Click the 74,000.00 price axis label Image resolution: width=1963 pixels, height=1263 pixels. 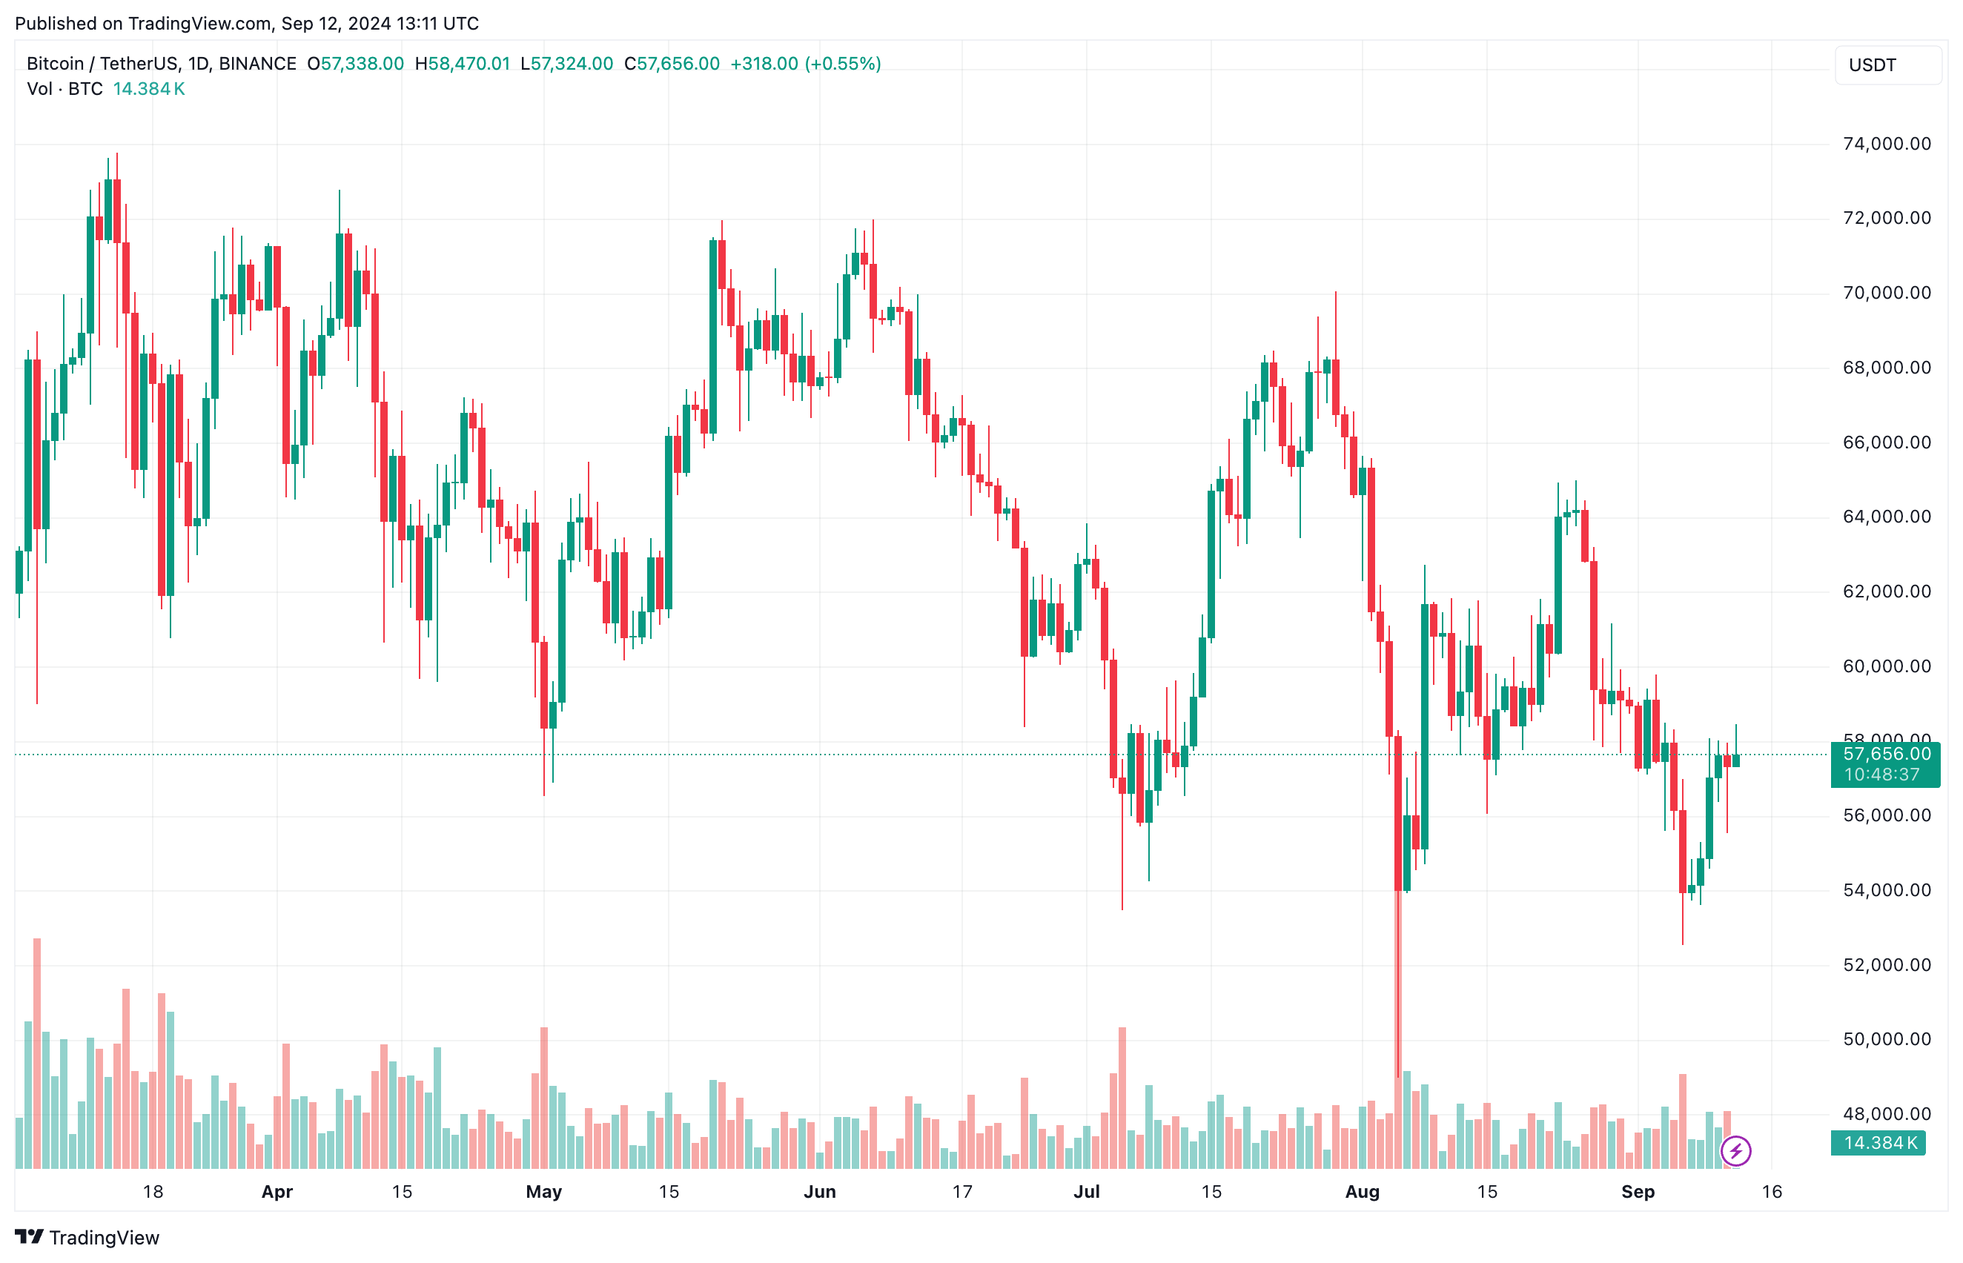[1886, 145]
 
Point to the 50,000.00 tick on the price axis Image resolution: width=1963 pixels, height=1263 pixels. [1886, 1039]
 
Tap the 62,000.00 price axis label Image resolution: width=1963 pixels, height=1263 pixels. [1886, 591]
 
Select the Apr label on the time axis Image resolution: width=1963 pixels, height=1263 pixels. [277, 1192]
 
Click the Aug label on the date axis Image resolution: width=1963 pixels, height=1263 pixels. [1362, 1192]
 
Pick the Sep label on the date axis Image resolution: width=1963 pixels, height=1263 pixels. [1638, 1192]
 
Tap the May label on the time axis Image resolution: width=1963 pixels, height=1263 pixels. [544, 1192]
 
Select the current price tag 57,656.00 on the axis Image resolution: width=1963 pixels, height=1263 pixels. [1886, 755]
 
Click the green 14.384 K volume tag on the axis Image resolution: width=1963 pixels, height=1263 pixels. [1879, 1143]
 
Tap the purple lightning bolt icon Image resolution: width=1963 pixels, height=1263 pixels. [1735, 1150]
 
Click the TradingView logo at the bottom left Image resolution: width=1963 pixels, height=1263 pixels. [87, 1237]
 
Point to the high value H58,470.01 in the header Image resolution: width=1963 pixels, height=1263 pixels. [462, 64]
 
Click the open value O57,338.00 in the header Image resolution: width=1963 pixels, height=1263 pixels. [355, 64]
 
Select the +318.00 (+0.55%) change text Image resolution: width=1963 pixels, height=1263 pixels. [806, 64]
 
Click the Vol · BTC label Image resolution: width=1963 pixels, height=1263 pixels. [64, 89]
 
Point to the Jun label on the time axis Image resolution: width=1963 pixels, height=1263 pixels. [819, 1192]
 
